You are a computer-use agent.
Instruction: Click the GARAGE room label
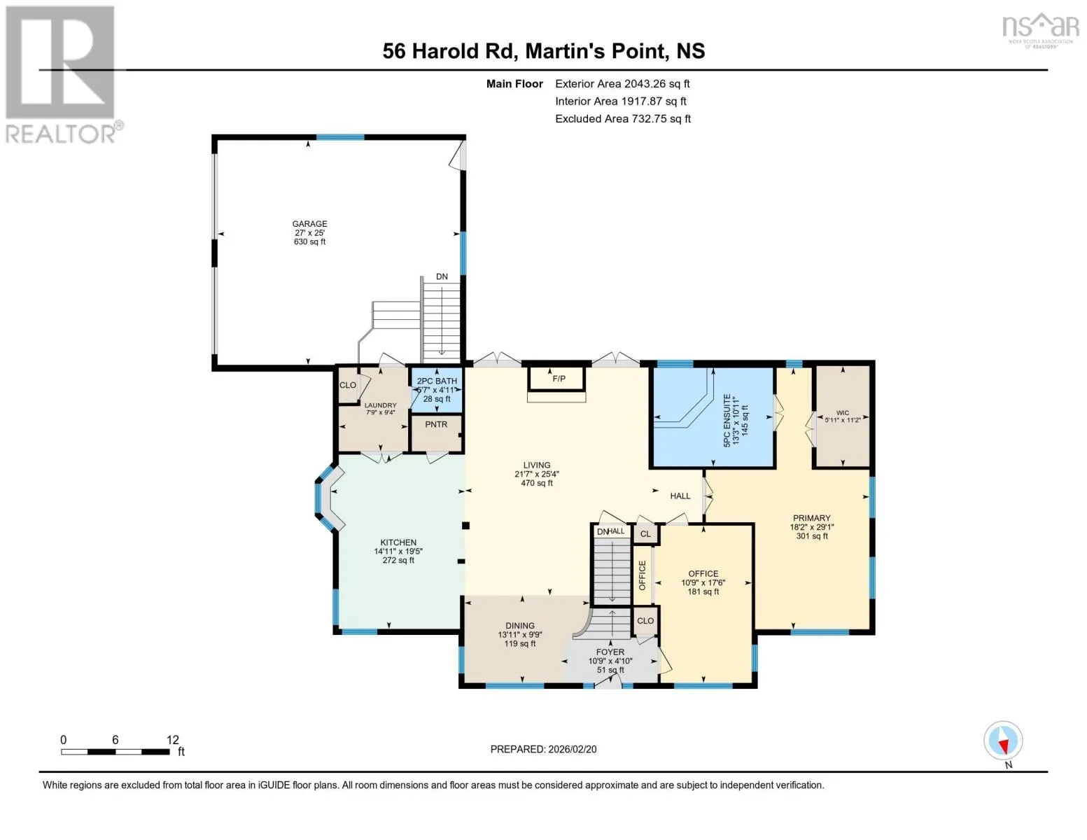pos(309,223)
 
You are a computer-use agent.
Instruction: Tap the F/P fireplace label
pos(559,379)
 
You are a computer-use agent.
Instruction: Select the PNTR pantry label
pos(436,424)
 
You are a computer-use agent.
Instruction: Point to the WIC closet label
pos(843,413)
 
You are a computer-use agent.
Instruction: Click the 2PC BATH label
pos(437,381)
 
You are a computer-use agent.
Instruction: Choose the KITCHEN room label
pos(398,542)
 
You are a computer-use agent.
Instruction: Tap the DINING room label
pos(520,625)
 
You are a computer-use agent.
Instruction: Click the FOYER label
pos(610,652)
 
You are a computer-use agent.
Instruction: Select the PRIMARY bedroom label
pos(811,518)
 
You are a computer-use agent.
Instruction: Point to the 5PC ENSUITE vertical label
pos(727,420)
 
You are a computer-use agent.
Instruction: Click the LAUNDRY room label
pos(380,405)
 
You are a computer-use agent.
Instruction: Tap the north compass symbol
pos(1003,741)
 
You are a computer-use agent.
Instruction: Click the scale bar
pos(115,751)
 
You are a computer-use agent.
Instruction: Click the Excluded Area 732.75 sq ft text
pos(623,118)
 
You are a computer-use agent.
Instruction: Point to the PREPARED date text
pos(543,749)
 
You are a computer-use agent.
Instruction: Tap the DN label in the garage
pos(442,276)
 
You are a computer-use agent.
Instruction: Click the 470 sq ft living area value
pos(537,483)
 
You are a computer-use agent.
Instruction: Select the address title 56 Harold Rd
pos(449,51)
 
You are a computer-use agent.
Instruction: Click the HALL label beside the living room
pos(680,496)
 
